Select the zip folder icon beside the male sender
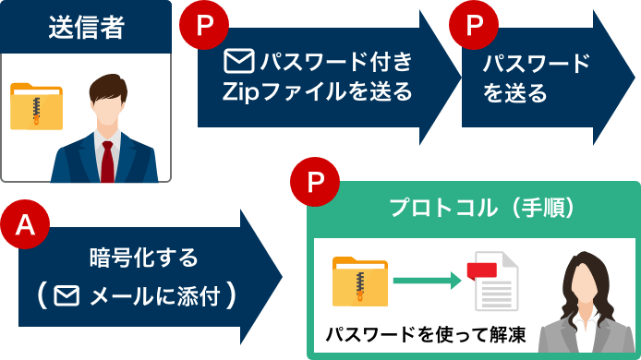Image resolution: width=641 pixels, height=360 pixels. coord(36,105)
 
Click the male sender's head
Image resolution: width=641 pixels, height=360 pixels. coord(111,99)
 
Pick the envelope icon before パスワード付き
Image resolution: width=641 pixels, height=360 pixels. coord(239,62)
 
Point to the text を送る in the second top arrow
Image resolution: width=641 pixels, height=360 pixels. coord(514,93)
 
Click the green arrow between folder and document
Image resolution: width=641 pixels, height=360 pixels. coord(426,281)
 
